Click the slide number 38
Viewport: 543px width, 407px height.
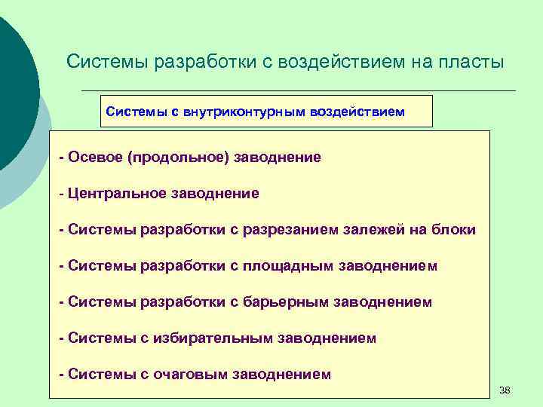[505, 390]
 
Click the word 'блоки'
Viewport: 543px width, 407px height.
[453, 230]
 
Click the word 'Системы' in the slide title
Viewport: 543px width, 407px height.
[109, 62]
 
